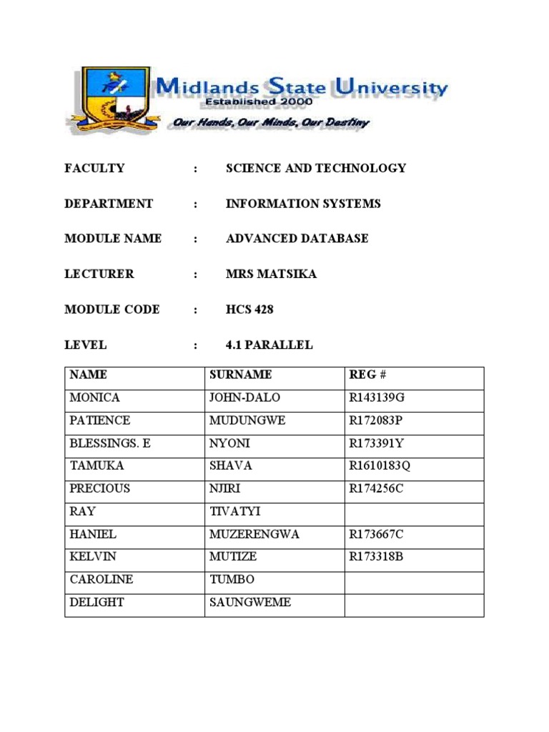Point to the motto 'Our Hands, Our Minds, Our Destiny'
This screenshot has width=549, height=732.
click(x=271, y=122)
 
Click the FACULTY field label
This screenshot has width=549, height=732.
click(x=94, y=169)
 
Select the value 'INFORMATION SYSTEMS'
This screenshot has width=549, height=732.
click(x=303, y=204)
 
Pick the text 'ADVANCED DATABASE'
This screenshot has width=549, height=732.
click(x=297, y=239)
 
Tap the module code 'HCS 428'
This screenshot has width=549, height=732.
click(x=249, y=310)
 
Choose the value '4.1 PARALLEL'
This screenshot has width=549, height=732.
click(x=269, y=345)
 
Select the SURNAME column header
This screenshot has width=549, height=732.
click(x=240, y=375)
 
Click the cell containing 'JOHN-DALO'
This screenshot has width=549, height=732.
click(x=244, y=397)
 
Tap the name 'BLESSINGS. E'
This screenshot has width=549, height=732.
click(x=110, y=443)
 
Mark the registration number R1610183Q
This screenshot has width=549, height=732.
click(x=380, y=466)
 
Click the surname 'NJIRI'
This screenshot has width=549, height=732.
click(x=225, y=489)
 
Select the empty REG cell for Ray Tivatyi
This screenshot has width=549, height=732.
click(x=414, y=511)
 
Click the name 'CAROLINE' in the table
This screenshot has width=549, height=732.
click(x=102, y=580)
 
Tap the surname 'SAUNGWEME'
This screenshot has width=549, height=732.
click(x=249, y=603)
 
